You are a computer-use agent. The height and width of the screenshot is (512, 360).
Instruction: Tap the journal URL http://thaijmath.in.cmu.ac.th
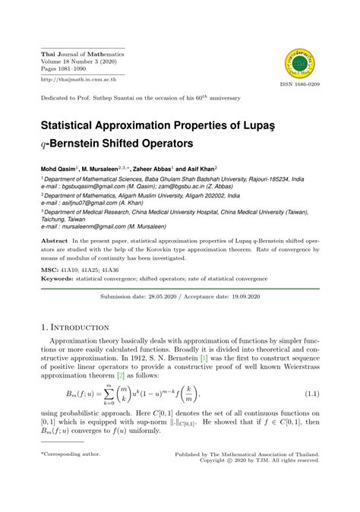[x=77, y=78]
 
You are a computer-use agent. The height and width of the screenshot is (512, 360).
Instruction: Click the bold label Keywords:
[x=56, y=276]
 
